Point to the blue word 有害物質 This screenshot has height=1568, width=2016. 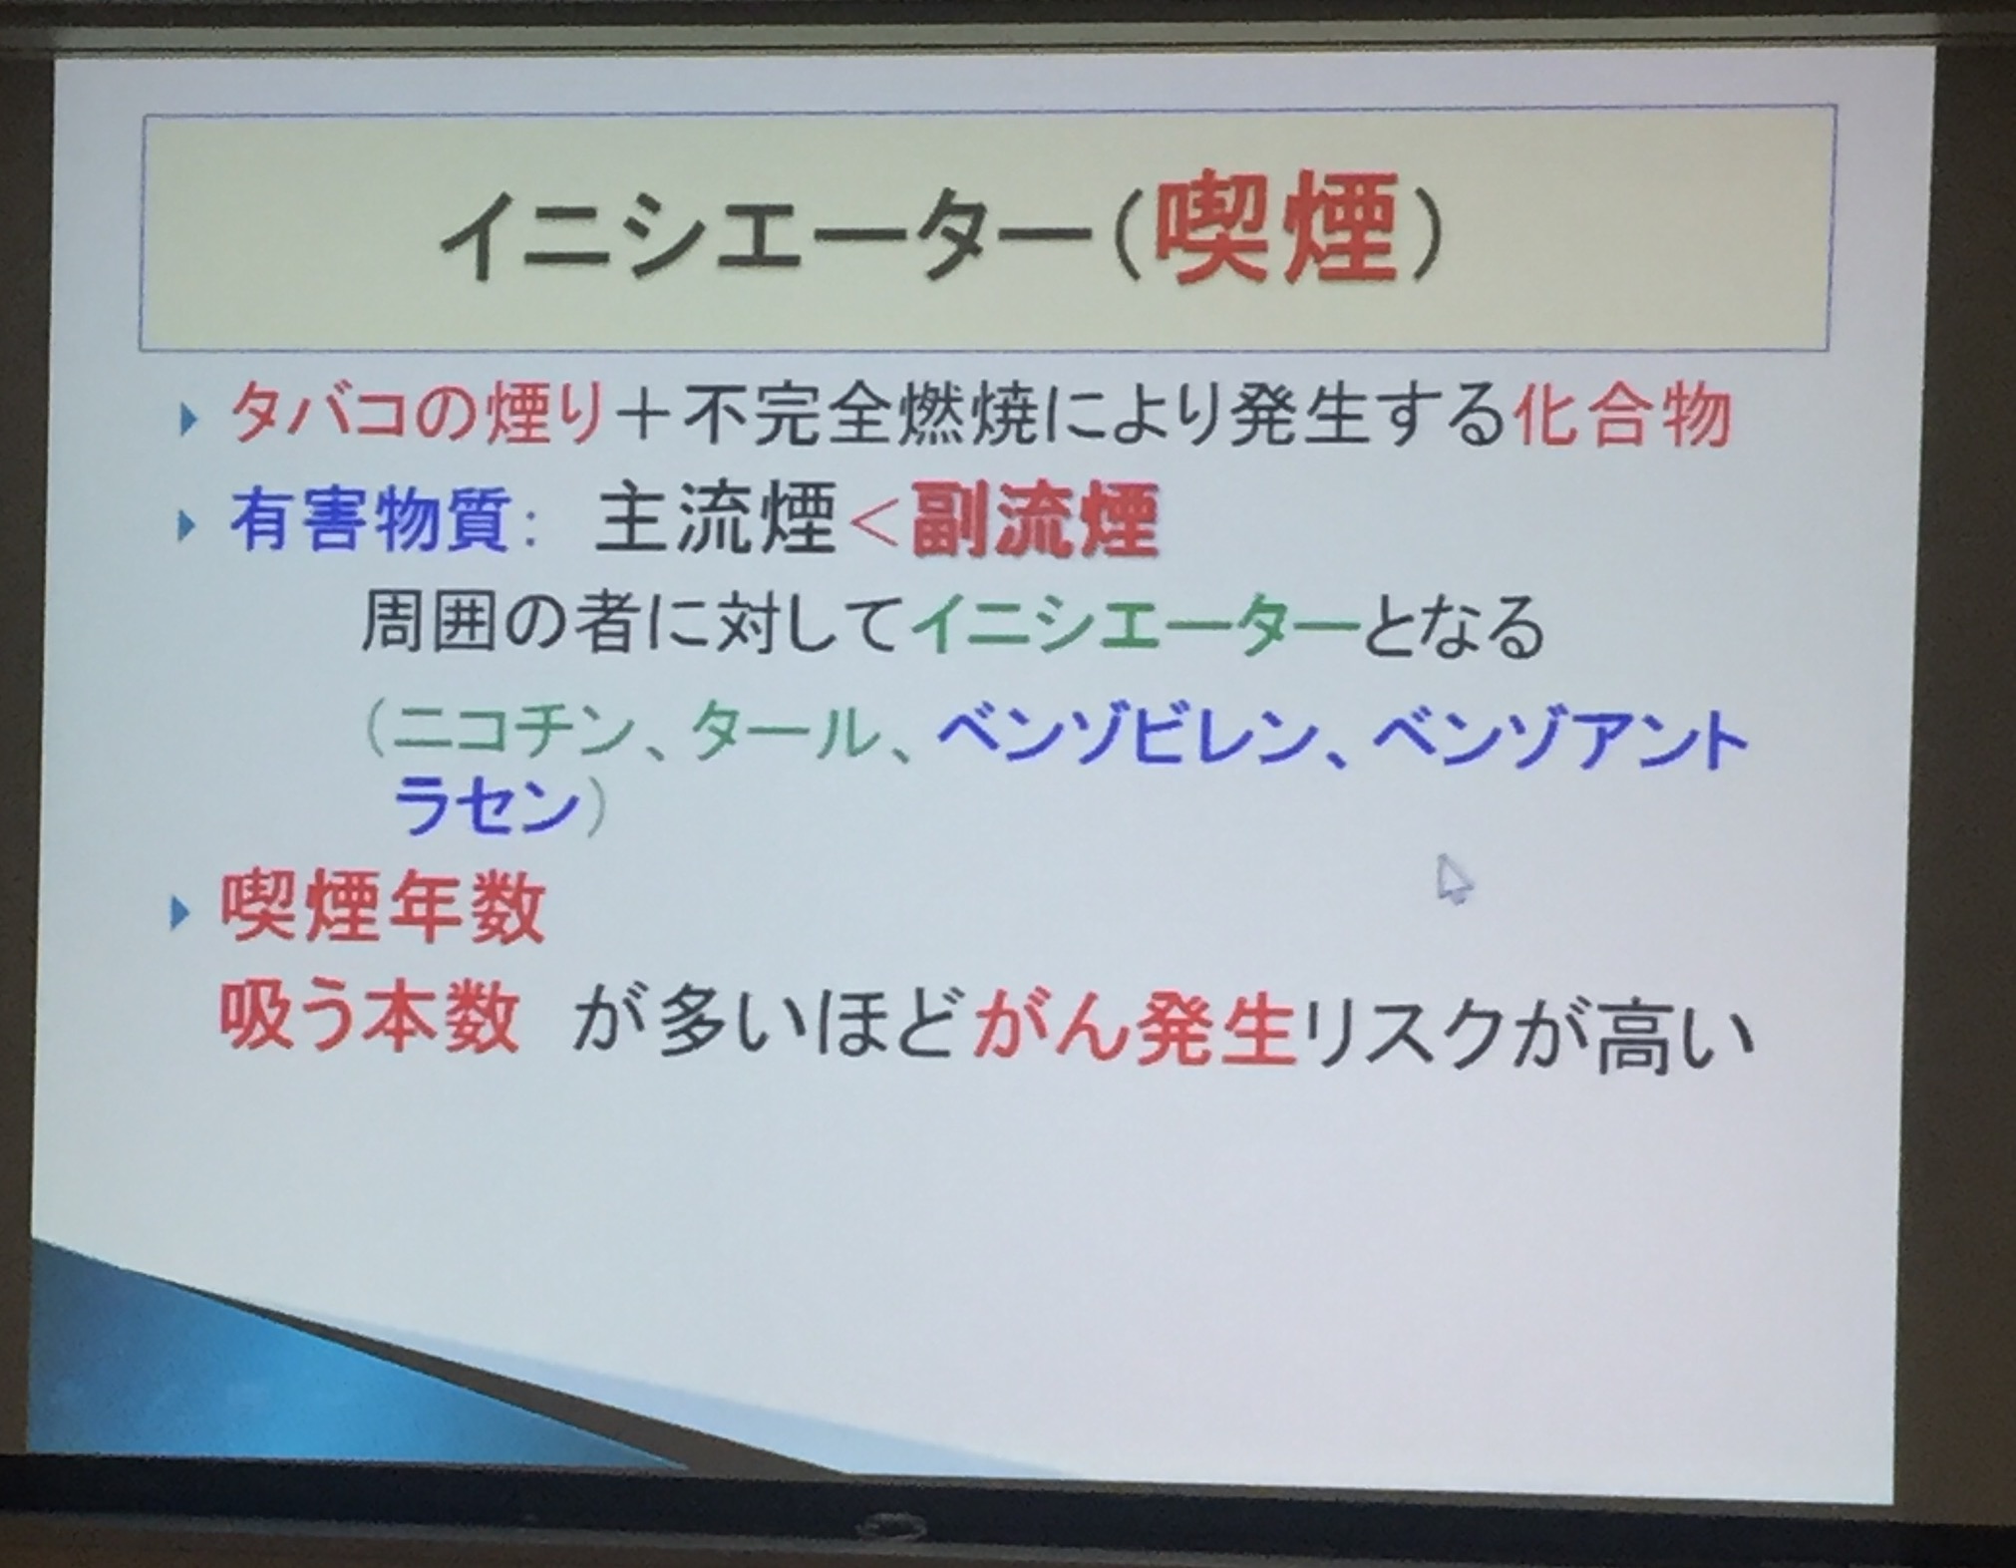pos(371,521)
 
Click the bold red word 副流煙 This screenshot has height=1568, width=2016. pos(1034,520)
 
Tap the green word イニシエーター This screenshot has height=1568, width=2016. pos(1135,628)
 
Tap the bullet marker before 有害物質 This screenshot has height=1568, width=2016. pos(186,525)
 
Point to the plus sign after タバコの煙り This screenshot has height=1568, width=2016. pos(642,420)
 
